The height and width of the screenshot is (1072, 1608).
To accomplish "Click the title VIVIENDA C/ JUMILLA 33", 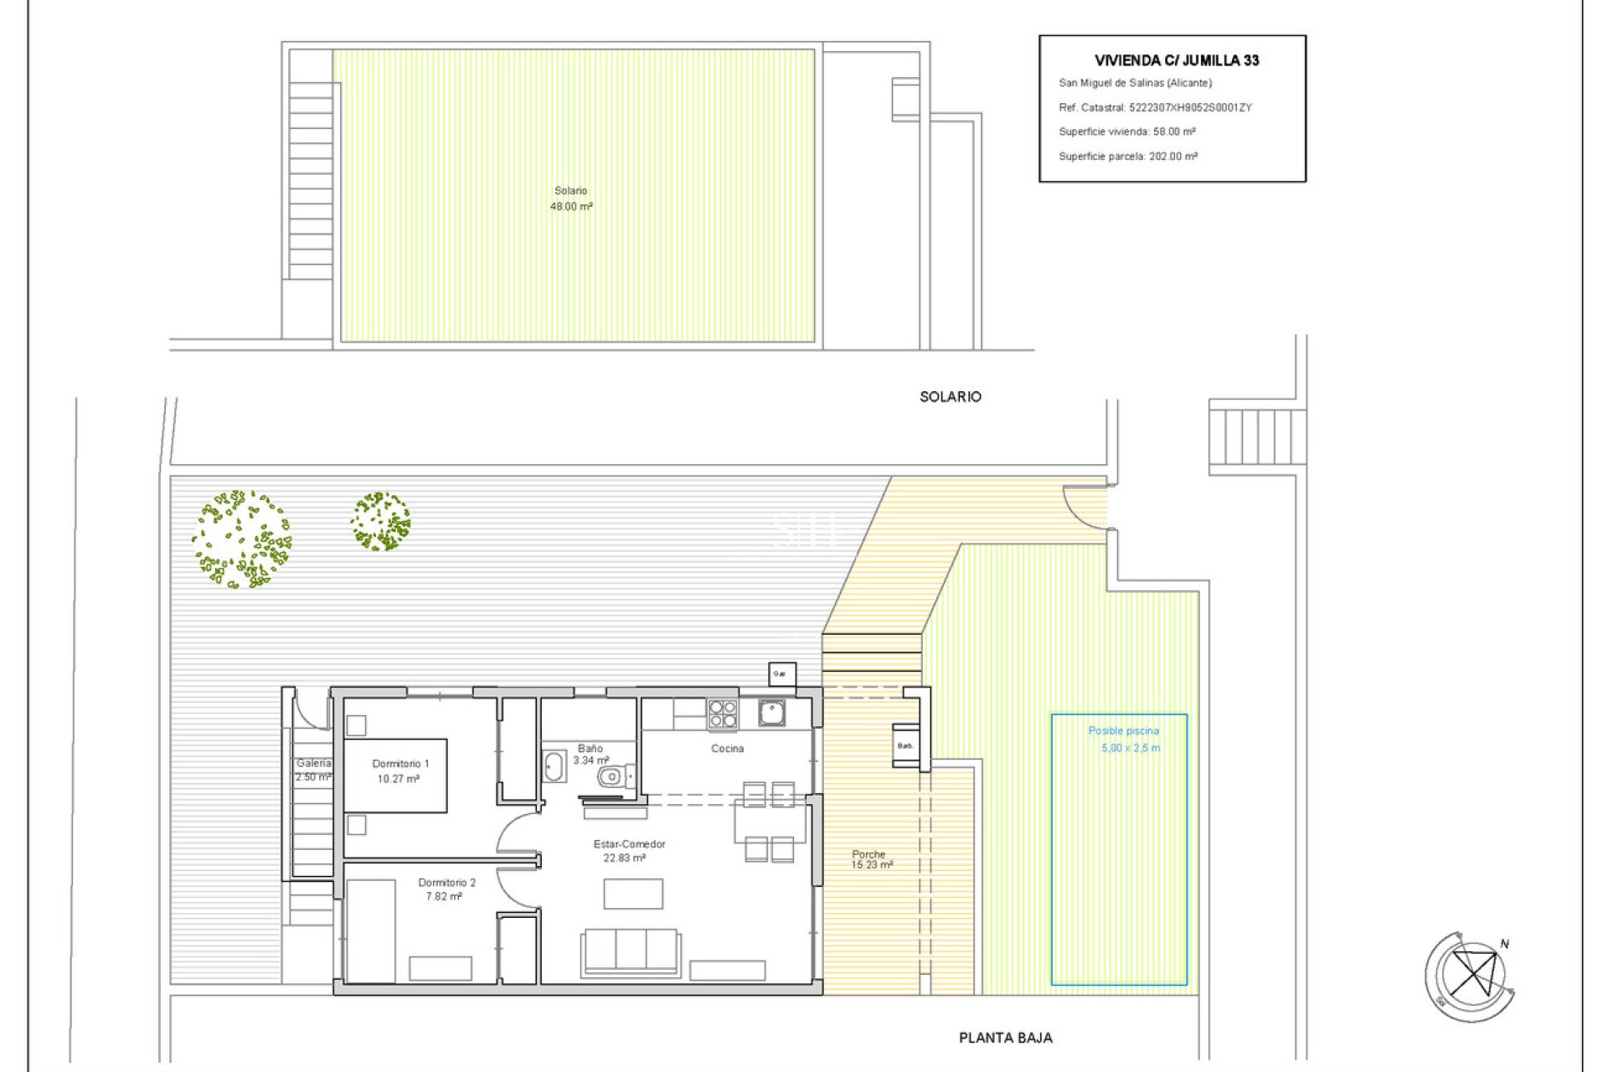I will click(1176, 60).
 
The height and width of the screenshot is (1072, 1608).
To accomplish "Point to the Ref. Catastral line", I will click(1154, 107).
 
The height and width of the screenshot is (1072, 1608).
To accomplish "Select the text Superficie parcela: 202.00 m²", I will click(1127, 157).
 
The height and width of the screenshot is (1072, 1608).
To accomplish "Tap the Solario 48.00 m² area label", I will click(571, 198).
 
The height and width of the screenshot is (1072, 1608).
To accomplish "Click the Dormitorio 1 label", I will click(400, 764).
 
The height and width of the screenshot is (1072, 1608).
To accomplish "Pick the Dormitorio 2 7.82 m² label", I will click(446, 889).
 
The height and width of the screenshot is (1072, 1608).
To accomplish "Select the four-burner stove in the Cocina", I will click(723, 714).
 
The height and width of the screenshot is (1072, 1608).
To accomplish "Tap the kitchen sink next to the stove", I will click(771, 713).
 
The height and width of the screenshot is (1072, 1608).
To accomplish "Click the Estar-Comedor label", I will click(629, 844).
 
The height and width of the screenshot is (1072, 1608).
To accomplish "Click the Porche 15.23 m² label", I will click(871, 859).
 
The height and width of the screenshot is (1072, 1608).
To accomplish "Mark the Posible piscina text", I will click(1123, 731).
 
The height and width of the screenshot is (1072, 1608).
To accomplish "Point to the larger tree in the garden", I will click(241, 539).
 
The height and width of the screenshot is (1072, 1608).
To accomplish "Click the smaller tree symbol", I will click(380, 521).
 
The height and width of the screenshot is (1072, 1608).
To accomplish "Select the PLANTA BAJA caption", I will click(1005, 1038).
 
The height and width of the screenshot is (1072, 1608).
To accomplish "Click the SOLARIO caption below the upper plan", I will click(950, 397).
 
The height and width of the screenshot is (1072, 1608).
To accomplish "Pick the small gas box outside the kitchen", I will click(781, 674).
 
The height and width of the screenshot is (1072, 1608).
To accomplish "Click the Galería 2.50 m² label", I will click(313, 770).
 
